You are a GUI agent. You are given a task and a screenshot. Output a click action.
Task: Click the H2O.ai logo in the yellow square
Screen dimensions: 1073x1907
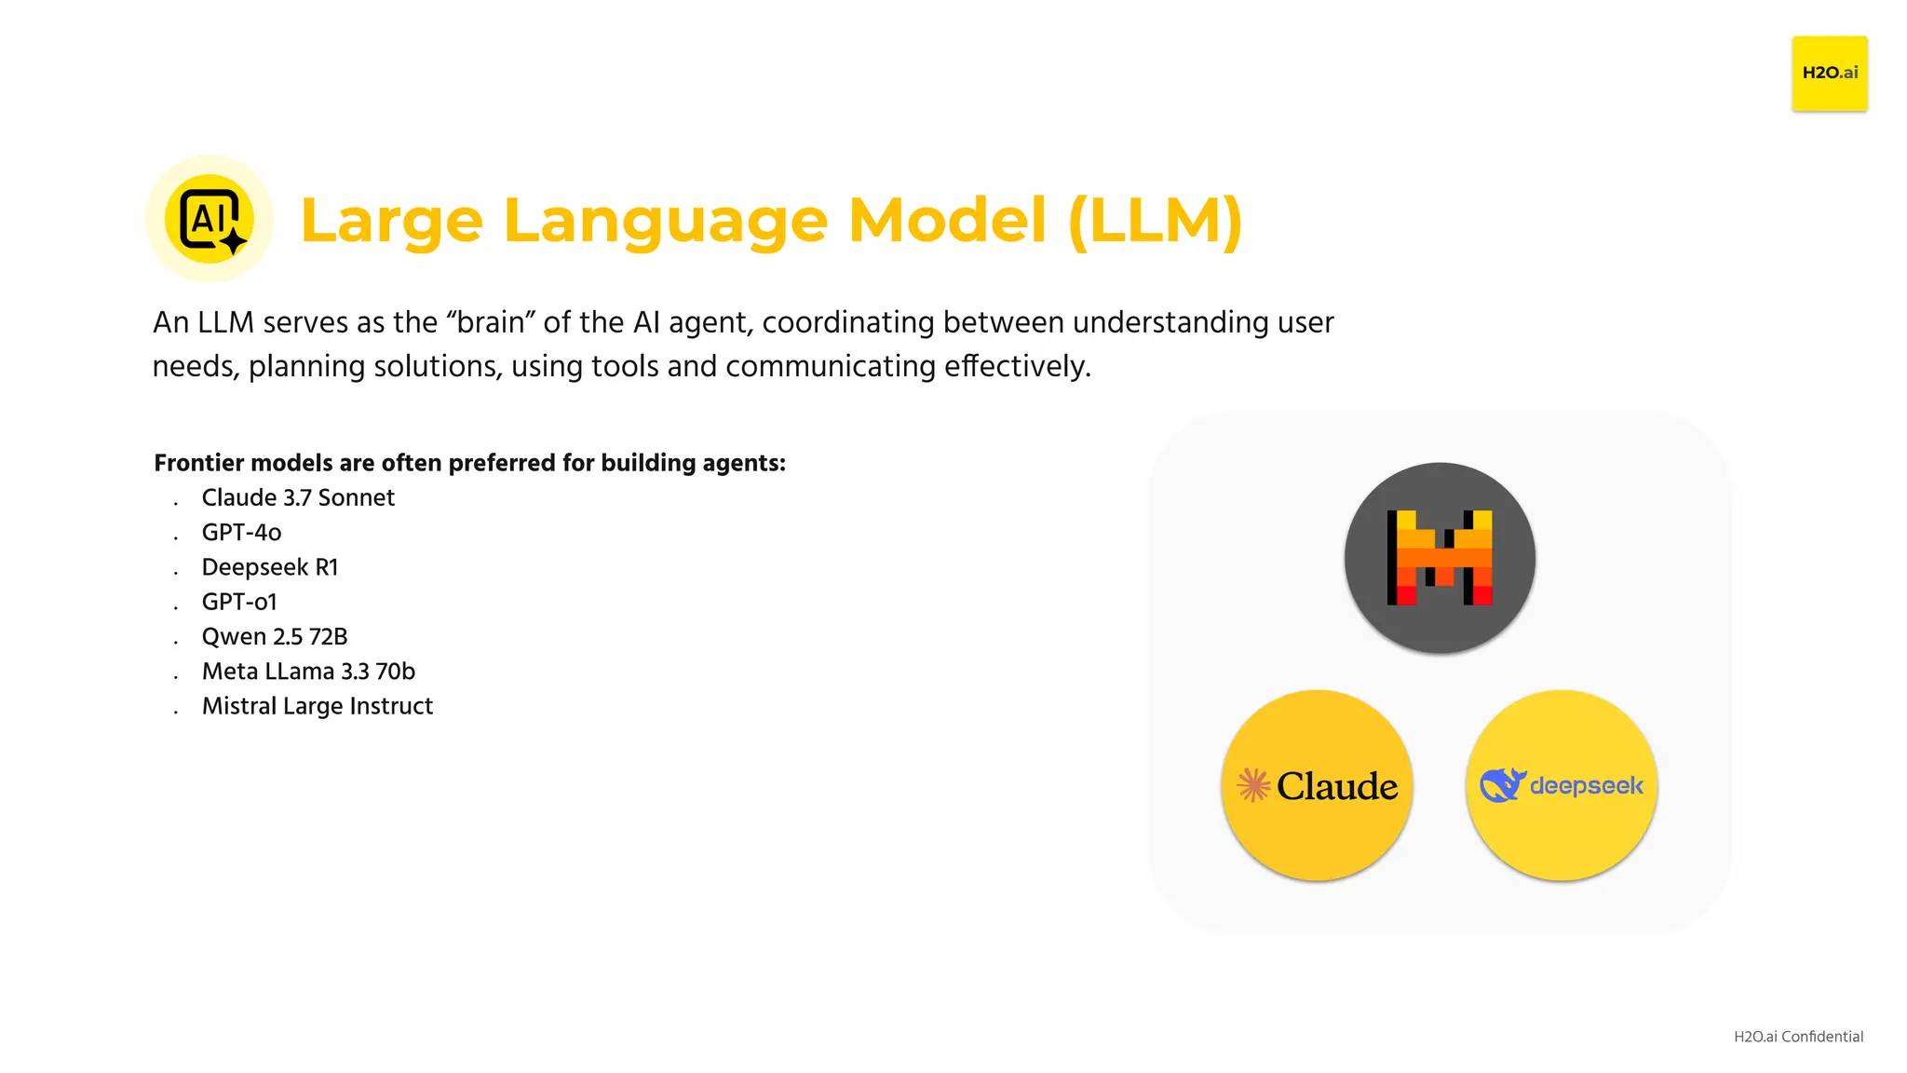tap(1829, 73)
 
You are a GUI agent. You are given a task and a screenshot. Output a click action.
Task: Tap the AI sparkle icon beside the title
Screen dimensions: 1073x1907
tap(210, 219)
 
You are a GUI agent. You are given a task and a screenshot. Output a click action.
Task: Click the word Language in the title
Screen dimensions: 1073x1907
tap(665, 221)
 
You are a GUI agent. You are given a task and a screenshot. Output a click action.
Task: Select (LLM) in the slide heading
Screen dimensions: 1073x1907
tap(1155, 221)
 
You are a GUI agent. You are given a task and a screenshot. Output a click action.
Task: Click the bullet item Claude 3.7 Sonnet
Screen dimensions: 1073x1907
tap(298, 498)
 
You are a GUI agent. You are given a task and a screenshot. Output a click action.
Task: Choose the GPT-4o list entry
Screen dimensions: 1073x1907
tap(241, 533)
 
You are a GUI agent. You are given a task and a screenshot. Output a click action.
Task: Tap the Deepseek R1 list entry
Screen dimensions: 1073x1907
tap(270, 567)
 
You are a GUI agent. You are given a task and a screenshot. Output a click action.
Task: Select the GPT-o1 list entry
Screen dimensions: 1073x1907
tap(239, 603)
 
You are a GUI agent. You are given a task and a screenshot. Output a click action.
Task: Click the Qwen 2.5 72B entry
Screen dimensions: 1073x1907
tap(275, 637)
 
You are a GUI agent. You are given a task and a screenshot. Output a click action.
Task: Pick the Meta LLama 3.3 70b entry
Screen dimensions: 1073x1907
tap(308, 672)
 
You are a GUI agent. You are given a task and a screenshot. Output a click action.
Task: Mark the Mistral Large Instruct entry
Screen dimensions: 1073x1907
tap(317, 706)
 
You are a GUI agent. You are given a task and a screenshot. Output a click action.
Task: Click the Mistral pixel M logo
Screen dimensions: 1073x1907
tap(1440, 558)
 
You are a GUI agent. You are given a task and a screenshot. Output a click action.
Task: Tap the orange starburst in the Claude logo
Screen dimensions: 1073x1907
tap(1253, 785)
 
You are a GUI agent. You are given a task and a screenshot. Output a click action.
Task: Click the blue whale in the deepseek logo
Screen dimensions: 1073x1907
tap(1502, 785)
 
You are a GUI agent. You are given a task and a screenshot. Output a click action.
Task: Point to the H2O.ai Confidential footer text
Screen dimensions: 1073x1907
tap(1798, 1037)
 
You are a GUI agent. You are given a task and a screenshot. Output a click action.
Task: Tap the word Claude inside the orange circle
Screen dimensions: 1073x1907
tap(1337, 786)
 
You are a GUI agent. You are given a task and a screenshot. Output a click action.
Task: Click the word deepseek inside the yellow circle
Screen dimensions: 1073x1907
tap(1587, 786)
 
